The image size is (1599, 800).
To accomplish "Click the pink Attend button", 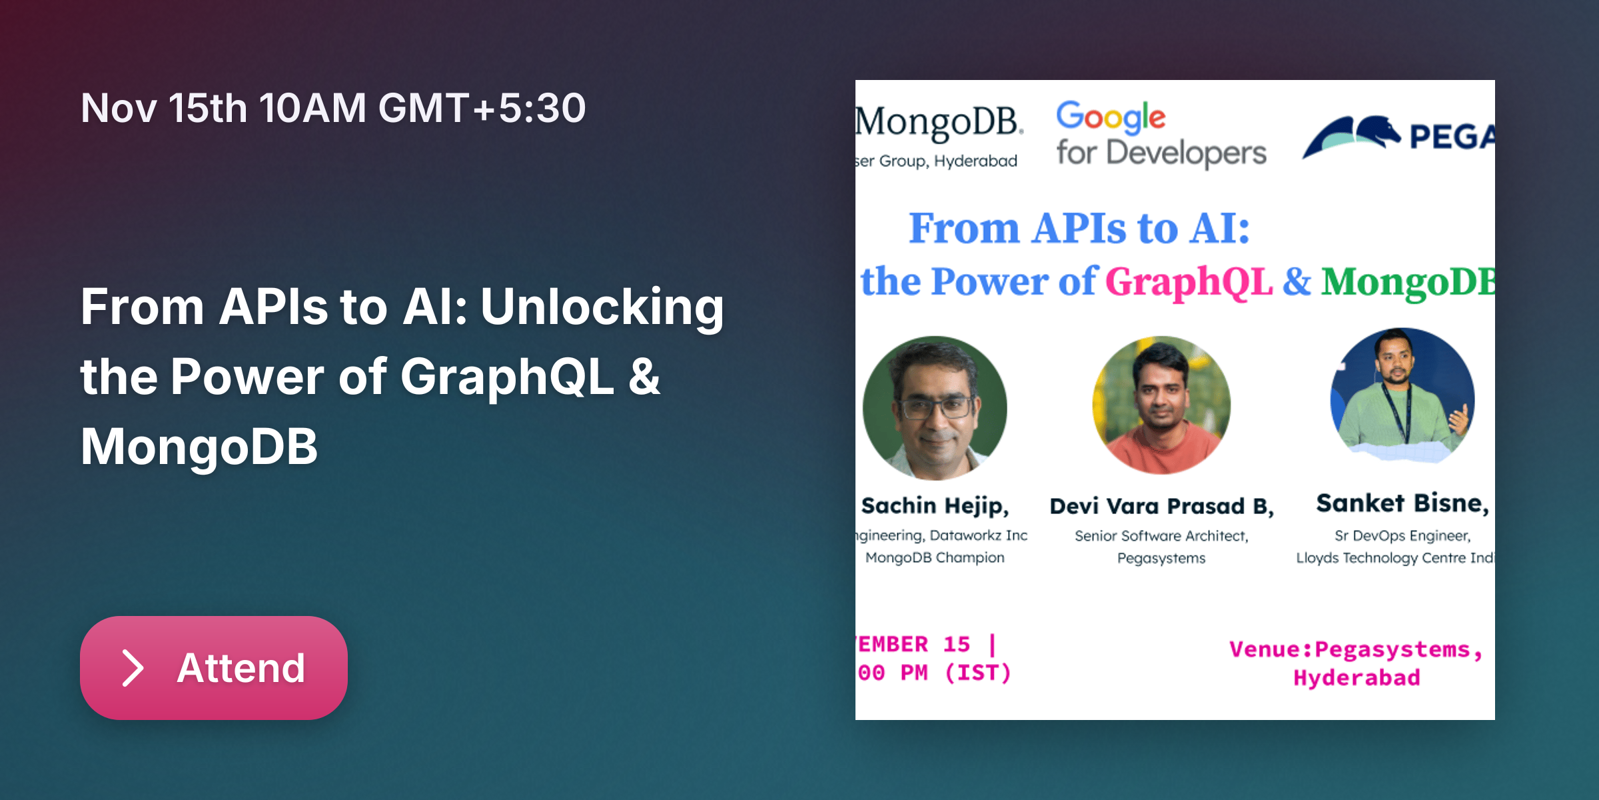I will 213,667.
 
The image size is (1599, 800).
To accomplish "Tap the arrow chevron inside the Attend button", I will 133,668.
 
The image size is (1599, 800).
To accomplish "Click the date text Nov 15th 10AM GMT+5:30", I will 333,108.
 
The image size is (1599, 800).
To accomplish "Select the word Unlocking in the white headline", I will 602,307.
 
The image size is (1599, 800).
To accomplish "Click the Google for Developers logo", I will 1161,133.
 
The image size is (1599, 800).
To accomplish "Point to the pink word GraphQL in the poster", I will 1189,281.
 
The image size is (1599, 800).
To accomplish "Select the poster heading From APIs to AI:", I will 1079,228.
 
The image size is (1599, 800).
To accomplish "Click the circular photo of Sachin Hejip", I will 935,408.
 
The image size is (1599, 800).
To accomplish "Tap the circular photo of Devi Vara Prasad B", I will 1161,405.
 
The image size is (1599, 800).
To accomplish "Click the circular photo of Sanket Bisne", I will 1402,397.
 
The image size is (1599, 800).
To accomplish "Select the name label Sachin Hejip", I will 935,505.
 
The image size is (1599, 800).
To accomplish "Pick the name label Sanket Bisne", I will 1402,503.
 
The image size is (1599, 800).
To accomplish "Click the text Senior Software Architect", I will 1161,536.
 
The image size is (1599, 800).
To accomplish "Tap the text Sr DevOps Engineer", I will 1402,536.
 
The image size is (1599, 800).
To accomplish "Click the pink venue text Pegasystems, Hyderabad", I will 1356,663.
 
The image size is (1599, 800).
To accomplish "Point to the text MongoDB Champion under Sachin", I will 935,557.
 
